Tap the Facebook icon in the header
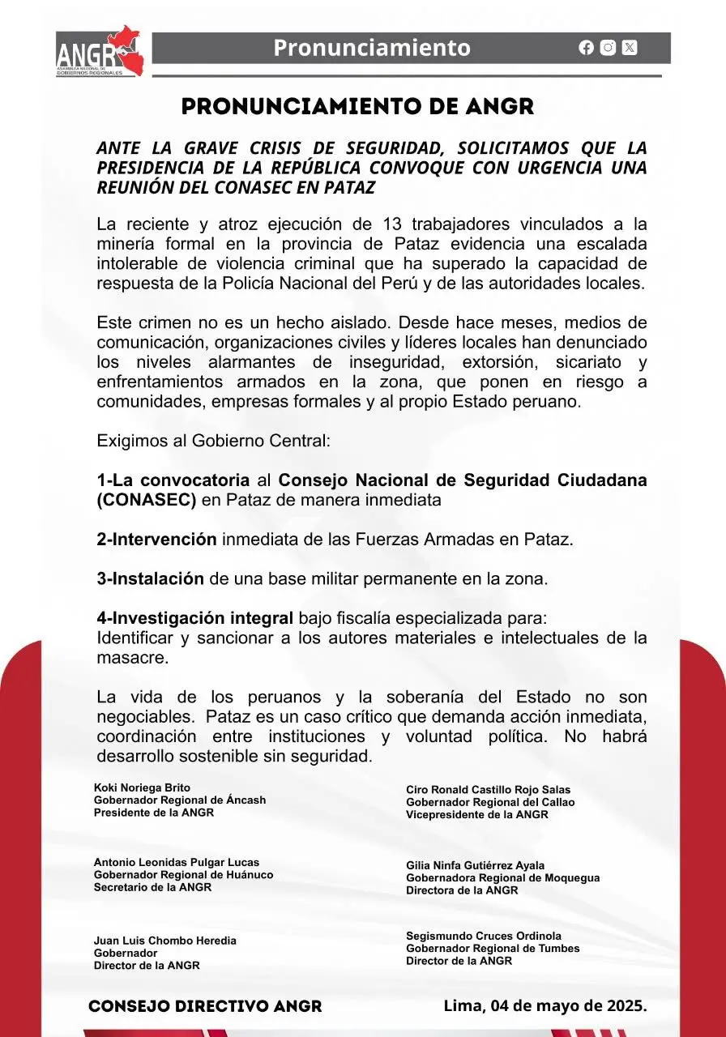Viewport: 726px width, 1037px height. coord(587,48)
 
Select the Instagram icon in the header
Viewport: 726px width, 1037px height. coord(608,48)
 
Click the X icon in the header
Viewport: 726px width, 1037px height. coord(630,48)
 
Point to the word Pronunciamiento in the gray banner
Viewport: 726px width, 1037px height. coord(372,48)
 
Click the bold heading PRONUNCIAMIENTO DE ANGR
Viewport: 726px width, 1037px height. coord(358,107)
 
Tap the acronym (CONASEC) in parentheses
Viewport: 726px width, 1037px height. coord(147,500)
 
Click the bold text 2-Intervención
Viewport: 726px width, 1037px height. coord(156,540)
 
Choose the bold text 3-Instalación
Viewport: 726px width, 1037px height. coord(150,579)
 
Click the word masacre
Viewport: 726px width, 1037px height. coord(133,658)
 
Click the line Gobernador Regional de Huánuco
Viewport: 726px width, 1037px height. coord(183,875)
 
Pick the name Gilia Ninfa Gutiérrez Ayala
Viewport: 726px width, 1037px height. coord(475,865)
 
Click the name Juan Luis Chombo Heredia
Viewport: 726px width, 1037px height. coord(165,941)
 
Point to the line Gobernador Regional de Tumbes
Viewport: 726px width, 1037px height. coord(493,949)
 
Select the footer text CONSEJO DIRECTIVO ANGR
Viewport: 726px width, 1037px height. coord(205,1006)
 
